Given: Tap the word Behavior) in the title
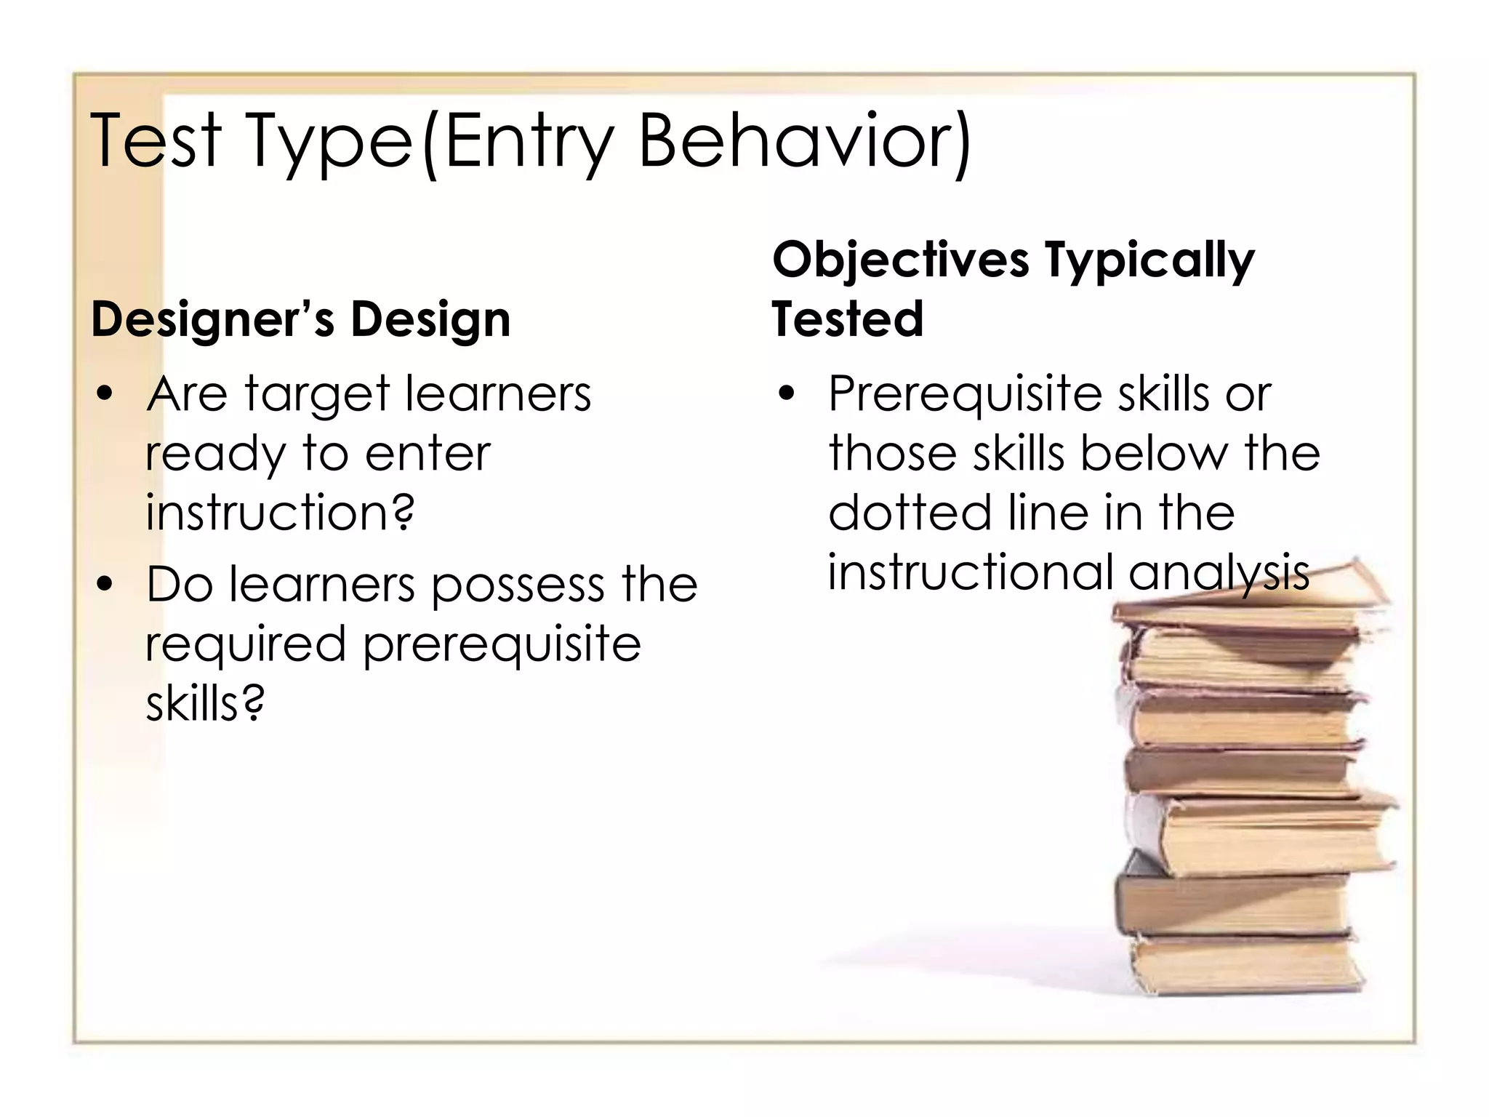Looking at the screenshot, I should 804,142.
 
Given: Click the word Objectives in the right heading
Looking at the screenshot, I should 901,260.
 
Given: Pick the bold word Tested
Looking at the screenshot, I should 847,319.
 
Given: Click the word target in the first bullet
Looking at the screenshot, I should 317,396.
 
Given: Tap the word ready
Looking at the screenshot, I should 215,455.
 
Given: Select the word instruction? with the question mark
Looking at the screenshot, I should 280,513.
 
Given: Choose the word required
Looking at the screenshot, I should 246,646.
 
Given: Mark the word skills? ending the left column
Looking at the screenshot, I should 205,703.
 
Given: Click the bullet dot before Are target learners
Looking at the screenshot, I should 106,394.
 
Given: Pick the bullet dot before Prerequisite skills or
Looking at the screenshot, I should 787,394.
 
